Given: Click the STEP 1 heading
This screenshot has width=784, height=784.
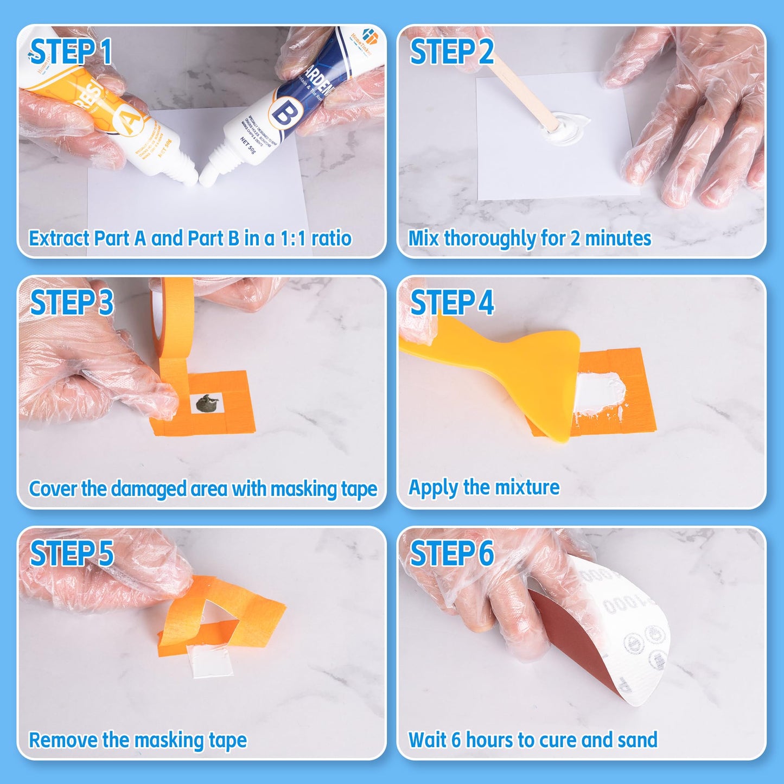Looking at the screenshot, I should (x=71, y=52).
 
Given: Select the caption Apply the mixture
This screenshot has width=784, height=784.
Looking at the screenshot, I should (x=483, y=487).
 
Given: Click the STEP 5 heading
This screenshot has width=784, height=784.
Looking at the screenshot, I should (x=72, y=553).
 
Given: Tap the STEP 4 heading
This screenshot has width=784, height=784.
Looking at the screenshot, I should (x=452, y=302).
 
